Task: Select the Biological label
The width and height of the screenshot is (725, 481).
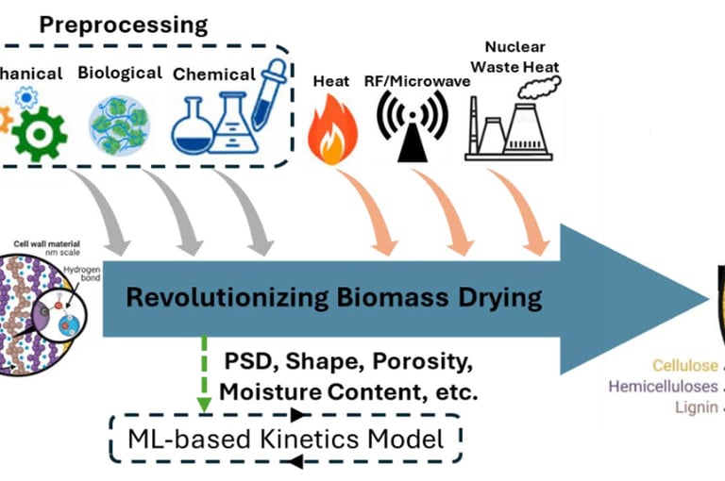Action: (x=119, y=73)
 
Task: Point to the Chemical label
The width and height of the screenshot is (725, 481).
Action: (x=214, y=74)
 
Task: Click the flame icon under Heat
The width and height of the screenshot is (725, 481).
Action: (x=332, y=130)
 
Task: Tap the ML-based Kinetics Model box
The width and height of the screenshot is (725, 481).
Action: (x=284, y=438)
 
